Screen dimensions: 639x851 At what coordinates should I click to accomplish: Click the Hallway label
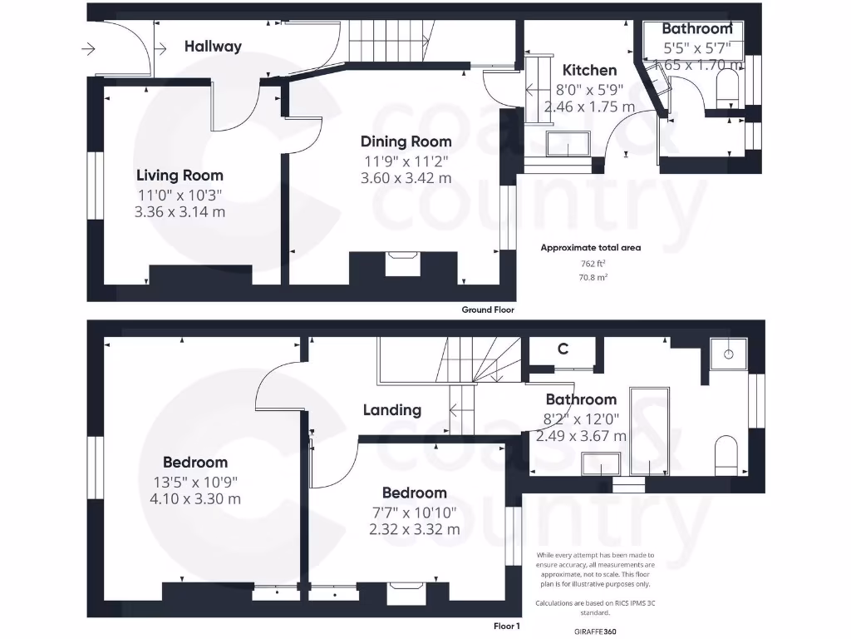tap(213, 47)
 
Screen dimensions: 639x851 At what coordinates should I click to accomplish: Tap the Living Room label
tap(180, 176)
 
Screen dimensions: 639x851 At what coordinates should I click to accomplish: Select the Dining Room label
tap(406, 141)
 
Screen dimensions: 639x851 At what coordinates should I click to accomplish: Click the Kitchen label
tap(589, 71)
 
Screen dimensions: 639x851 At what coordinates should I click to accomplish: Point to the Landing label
tap(392, 409)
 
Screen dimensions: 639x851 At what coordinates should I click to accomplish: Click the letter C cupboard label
tap(563, 349)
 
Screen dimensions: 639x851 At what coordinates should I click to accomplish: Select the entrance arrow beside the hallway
tap(88, 50)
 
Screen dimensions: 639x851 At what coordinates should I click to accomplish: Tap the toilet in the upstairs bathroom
tap(726, 457)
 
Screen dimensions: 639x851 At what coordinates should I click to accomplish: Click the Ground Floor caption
tap(488, 310)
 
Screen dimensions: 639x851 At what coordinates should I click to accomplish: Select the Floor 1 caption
tap(506, 626)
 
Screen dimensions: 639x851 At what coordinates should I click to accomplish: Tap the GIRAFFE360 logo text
tap(596, 632)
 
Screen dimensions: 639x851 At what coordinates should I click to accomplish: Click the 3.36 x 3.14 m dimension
tap(180, 211)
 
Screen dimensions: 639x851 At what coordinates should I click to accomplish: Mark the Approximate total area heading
tap(591, 247)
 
